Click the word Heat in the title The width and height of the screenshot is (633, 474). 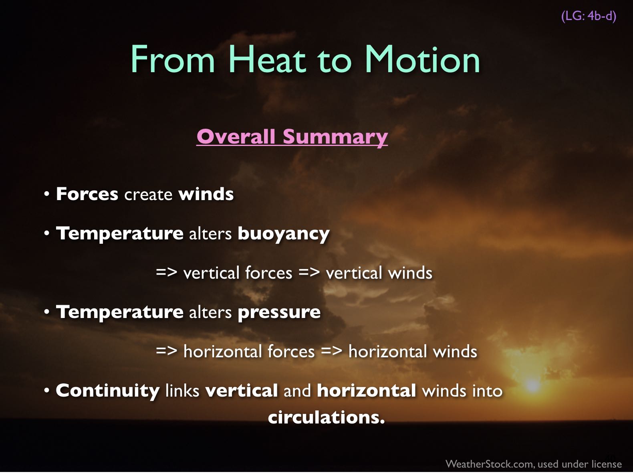point(267,59)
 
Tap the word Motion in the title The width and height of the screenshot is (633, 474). point(422,59)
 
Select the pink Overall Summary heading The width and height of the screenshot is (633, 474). point(292,137)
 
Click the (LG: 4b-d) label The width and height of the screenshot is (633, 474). point(589,16)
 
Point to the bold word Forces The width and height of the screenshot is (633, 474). point(87,194)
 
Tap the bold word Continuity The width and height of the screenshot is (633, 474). point(107,391)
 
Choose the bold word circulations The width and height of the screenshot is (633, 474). point(326,417)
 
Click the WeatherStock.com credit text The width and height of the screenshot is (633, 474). point(534,464)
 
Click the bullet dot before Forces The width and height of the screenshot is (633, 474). point(47,194)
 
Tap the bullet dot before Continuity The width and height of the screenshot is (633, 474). point(47,391)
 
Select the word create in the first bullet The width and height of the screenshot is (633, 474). point(148,194)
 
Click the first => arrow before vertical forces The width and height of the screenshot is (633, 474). point(166,272)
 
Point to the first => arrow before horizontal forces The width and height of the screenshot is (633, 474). point(166,351)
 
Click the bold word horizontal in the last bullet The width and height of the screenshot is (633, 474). point(366,391)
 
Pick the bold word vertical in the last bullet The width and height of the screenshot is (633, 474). point(242,391)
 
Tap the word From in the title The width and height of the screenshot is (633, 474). point(173,59)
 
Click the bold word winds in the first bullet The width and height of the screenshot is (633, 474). point(206,194)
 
